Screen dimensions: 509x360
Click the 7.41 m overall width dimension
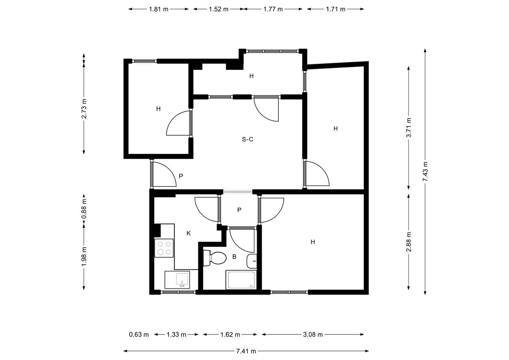click(246, 351)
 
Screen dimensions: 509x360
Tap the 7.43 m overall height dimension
click(425, 171)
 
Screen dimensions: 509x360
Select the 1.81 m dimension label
click(158, 9)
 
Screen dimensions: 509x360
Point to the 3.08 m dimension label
click(313, 335)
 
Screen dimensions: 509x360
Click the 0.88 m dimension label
click(84, 209)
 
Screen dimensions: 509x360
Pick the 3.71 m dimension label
click(409, 128)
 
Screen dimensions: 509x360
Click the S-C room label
click(247, 139)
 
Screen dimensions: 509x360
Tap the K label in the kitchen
click(189, 233)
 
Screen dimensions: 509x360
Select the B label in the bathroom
click(234, 257)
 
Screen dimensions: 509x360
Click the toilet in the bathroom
click(214, 258)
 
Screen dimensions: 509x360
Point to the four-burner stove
click(164, 248)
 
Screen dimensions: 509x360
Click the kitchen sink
click(177, 280)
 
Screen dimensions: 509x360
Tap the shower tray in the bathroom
click(241, 280)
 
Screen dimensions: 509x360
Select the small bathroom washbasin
click(252, 261)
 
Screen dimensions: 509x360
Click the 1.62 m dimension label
click(230, 335)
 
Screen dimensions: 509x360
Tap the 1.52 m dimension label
click(219, 9)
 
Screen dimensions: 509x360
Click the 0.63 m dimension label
click(139, 335)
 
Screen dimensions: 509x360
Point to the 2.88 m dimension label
click(409, 242)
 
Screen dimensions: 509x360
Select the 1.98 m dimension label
click(84, 257)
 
